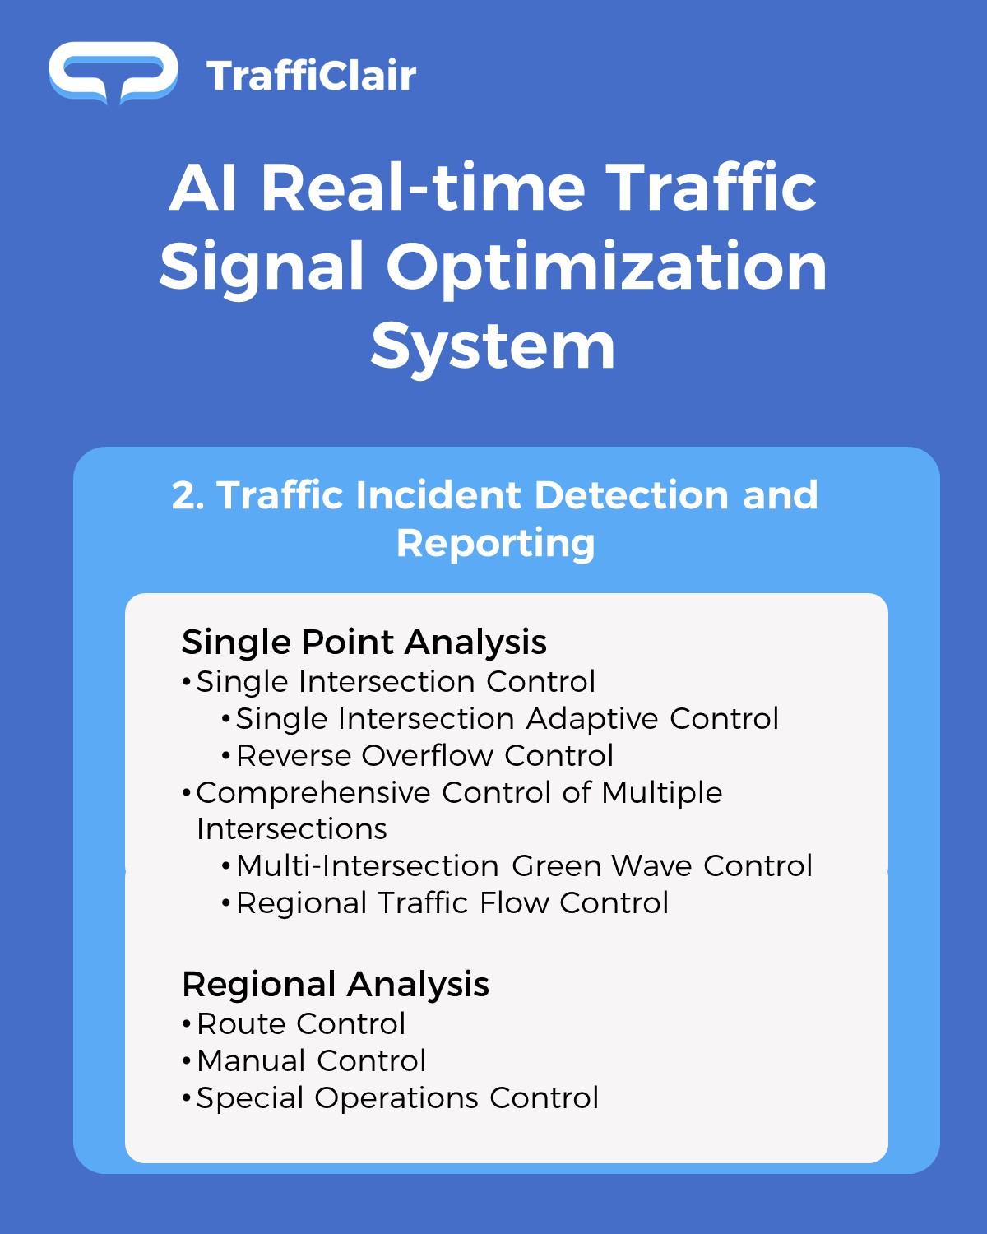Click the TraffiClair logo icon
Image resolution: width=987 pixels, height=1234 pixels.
[x=114, y=73]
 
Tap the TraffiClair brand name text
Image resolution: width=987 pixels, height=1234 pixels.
[x=312, y=76]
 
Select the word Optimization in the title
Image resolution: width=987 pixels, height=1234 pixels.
[x=607, y=267]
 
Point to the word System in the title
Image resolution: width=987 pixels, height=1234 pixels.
[x=493, y=347]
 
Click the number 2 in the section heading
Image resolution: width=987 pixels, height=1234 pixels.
[x=187, y=495]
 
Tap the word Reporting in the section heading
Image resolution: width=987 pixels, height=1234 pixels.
[x=496, y=544]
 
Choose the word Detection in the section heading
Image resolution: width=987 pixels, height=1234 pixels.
[x=633, y=495]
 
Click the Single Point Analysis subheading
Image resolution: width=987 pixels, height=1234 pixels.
[x=364, y=642]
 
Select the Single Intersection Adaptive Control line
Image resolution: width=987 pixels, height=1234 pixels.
[x=507, y=718]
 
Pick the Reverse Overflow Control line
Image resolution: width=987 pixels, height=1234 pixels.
[x=424, y=755]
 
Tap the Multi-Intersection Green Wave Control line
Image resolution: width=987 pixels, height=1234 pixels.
[x=524, y=866]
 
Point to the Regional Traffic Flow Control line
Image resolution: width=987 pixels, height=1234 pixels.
[x=452, y=903]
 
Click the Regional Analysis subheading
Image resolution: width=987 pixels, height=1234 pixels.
[x=336, y=985]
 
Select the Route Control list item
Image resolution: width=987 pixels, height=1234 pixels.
[x=301, y=1024]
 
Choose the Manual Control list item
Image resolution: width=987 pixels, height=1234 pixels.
[x=312, y=1060]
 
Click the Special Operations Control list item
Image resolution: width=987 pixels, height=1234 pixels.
[x=397, y=1099]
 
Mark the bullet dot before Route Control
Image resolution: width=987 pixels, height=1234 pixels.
[x=187, y=1025]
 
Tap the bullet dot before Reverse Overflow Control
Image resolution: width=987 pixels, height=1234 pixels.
[x=226, y=756]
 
